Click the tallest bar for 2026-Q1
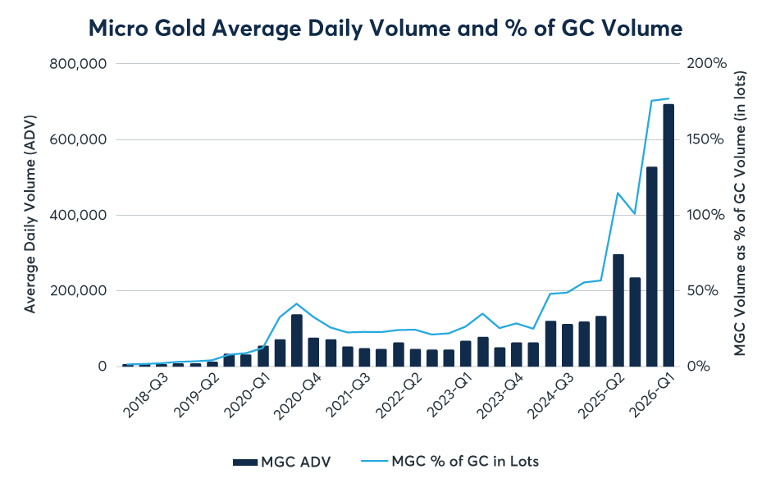point(668,235)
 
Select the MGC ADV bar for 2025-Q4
point(652,266)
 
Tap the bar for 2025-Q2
point(618,311)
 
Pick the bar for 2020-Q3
point(297,340)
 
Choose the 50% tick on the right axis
point(707,291)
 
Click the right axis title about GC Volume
point(741,215)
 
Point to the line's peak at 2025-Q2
point(618,194)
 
